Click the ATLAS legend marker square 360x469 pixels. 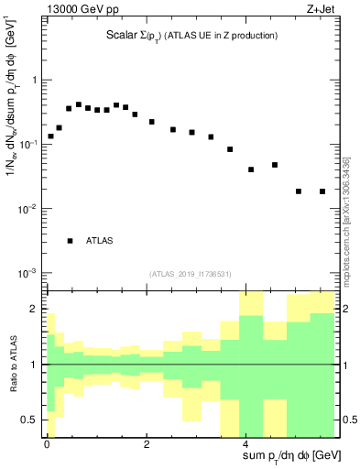coord(70,241)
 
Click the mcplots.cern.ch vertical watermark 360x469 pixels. coord(345,221)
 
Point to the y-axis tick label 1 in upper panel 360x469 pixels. coord(35,80)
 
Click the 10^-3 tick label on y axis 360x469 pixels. coord(28,273)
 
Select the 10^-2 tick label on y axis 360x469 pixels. coord(28,209)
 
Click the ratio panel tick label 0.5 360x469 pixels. coord(29,420)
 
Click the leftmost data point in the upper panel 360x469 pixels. coord(50,136)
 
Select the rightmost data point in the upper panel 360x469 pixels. coord(322,191)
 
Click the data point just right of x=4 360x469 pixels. coord(251,169)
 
